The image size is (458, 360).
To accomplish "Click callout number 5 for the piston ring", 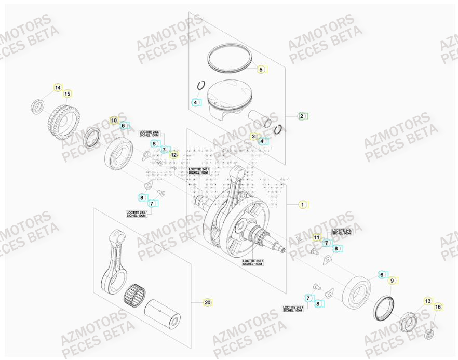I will point(261,69).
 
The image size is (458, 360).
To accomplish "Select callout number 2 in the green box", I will point(302,116).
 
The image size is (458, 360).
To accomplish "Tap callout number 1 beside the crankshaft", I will point(303,205).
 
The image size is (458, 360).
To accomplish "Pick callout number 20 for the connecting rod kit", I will point(207,302).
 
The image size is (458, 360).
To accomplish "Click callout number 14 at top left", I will point(58,87).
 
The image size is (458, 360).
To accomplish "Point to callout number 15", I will point(67,94).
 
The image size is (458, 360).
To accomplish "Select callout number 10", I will point(114,121).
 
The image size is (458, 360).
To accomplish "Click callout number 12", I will point(173,155).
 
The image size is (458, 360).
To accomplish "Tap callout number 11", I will point(316,237).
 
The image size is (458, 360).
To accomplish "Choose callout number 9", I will point(392,281).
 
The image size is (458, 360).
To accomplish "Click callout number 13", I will point(428,301).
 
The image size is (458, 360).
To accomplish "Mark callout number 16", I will point(438,308).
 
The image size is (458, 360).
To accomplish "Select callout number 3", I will point(253,137).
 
